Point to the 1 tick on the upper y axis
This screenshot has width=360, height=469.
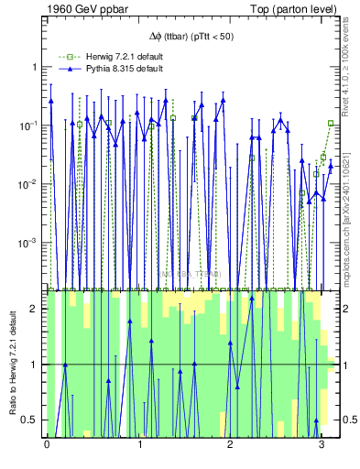[x=36, y=67]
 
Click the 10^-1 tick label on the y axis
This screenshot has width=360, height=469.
[x=30, y=125]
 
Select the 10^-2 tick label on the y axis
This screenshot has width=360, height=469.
[x=30, y=184]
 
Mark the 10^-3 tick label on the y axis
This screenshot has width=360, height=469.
[x=30, y=243]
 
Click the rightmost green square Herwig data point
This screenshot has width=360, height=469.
[x=331, y=123]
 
